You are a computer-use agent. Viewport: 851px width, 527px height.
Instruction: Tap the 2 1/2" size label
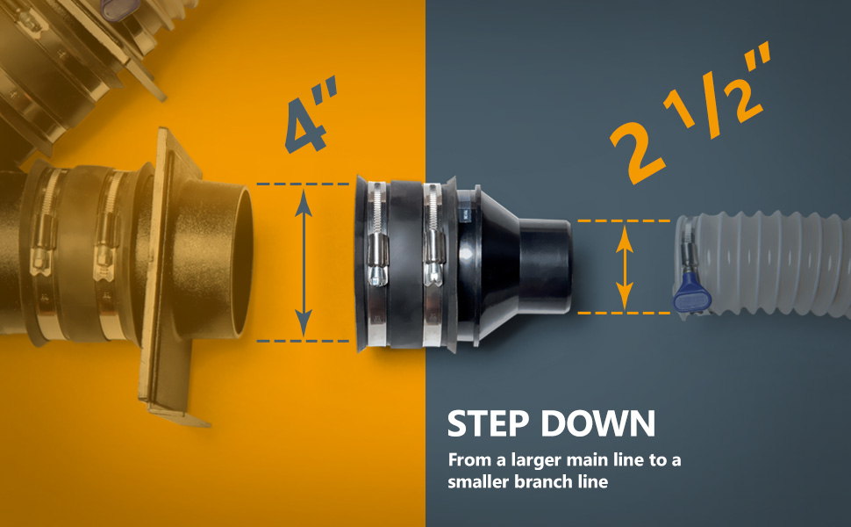pos(690,112)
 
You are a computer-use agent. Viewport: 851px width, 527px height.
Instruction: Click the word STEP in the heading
pos(488,423)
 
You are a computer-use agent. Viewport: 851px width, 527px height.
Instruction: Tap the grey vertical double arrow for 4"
pos(304,263)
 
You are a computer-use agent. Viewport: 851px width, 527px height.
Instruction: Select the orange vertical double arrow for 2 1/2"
pos(625,267)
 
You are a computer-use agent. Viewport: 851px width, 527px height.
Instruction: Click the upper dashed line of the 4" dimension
pos(303,184)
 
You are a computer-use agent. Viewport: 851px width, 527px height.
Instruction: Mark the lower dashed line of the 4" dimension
pos(303,341)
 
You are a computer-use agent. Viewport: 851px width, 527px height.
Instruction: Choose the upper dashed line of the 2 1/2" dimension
pos(624,220)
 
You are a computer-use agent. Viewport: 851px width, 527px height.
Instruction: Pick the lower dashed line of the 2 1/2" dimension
pos(624,313)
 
